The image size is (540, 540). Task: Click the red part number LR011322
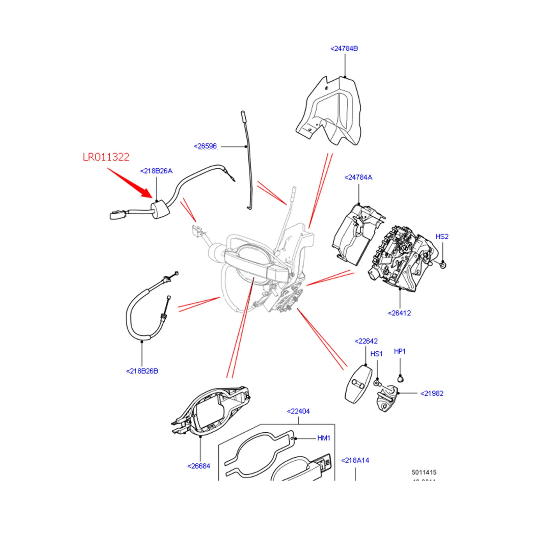coord(106,157)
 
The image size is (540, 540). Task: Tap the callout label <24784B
coord(344,49)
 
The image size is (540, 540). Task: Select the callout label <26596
coord(205,146)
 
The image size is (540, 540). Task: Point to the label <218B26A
coord(156,171)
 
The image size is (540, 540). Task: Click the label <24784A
coord(358,178)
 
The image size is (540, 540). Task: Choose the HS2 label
coord(442,237)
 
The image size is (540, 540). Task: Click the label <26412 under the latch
coord(399,313)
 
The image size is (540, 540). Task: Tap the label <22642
coord(366,341)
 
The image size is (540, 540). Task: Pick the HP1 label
coord(400,351)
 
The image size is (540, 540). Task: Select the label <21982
coord(432,394)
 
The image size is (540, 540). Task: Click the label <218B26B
coord(142,371)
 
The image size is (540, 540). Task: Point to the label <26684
coord(199,466)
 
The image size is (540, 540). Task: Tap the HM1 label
coord(323,438)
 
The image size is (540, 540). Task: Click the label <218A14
coord(355,460)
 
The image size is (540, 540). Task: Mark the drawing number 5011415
coord(424,473)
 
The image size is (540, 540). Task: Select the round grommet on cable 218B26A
coord(161,209)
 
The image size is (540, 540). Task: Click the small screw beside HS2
coord(443,265)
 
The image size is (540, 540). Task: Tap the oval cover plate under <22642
coord(358,385)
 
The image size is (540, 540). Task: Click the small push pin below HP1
coord(400,379)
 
